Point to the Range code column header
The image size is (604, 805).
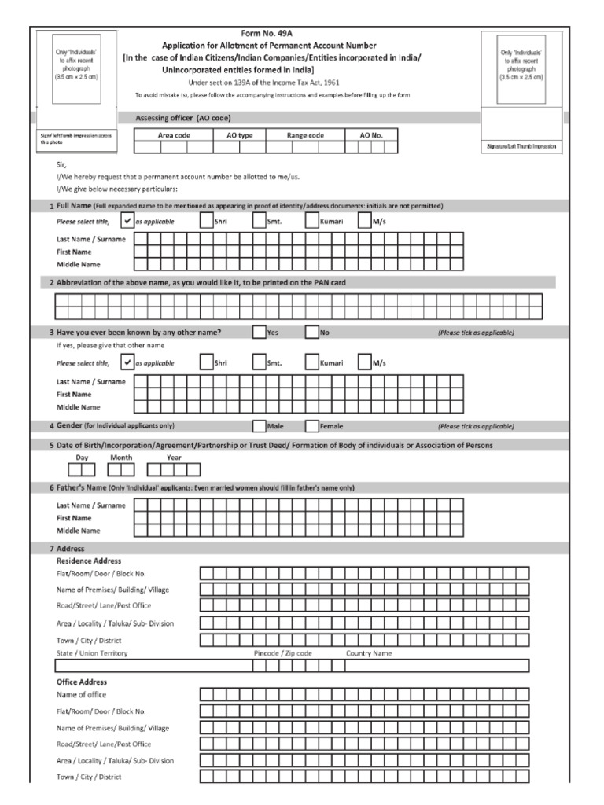[305, 135]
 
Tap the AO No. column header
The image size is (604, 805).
[371, 135]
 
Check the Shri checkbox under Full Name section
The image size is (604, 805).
[206, 222]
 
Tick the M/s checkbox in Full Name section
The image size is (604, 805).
[364, 222]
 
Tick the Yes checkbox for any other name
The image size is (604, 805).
[259, 333]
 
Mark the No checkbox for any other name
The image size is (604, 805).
[311, 333]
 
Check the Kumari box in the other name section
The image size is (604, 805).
[311, 363]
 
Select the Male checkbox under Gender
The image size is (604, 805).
[259, 427]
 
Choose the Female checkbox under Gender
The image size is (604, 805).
[311, 427]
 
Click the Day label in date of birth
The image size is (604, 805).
[82, 457]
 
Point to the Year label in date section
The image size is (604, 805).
[174, 457]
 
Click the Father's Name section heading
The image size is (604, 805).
[79, 488]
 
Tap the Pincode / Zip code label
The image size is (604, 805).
[283, 653]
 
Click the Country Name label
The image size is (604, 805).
[369, 653]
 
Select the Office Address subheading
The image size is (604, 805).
[82, 682]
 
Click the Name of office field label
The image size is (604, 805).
[81, 695]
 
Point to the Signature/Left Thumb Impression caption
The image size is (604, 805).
[521, 147]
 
